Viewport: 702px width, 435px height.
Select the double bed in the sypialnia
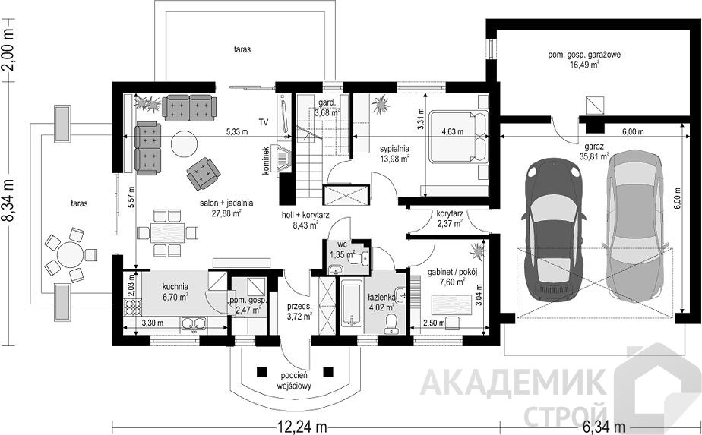pos(457,137)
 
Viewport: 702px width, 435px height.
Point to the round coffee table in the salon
pos(184,143)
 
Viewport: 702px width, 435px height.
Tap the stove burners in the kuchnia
pos(132,307)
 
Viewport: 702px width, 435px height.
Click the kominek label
pos(266,159)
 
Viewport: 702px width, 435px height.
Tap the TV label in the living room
pos(263,121)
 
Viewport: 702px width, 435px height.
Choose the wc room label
pos(343,244)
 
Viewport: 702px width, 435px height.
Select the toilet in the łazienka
pos(392,323)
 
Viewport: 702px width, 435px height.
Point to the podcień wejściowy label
pos(294,380)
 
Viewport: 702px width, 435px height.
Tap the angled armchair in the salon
pos(204,174)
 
